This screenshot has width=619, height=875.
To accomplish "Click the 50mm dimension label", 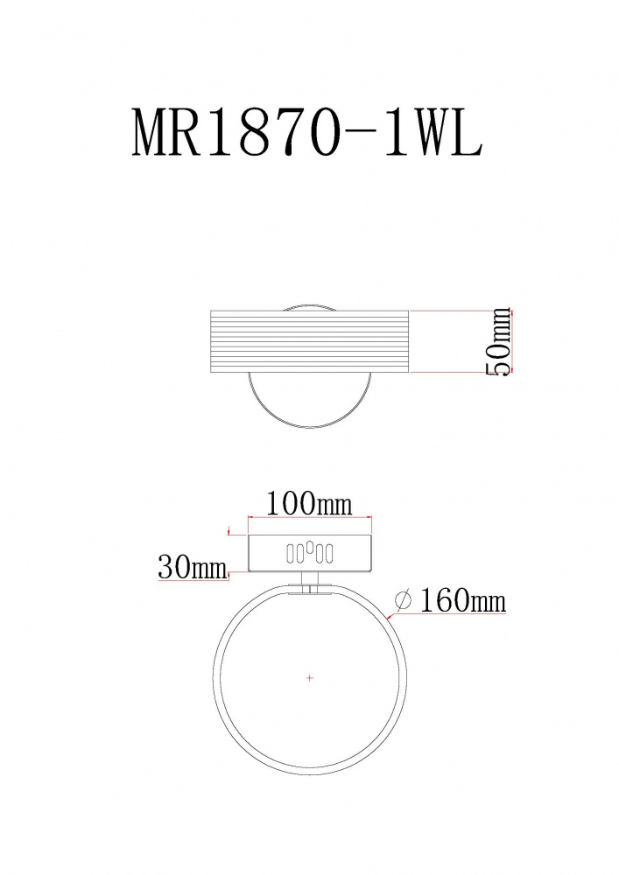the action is click(x=499, y=341).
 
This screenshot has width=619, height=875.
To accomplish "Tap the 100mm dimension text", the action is click(x=309, y=503).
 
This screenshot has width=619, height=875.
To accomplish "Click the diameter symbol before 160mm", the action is click(x=403, y=600).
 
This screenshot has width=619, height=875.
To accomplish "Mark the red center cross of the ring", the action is click(x=310, y=678).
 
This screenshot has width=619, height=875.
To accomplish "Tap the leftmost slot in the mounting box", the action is click(x=291, y=554).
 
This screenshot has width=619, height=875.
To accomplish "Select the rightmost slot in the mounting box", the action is click(x=328, y=554).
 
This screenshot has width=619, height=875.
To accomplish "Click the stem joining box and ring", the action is click(x=310, y=579).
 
